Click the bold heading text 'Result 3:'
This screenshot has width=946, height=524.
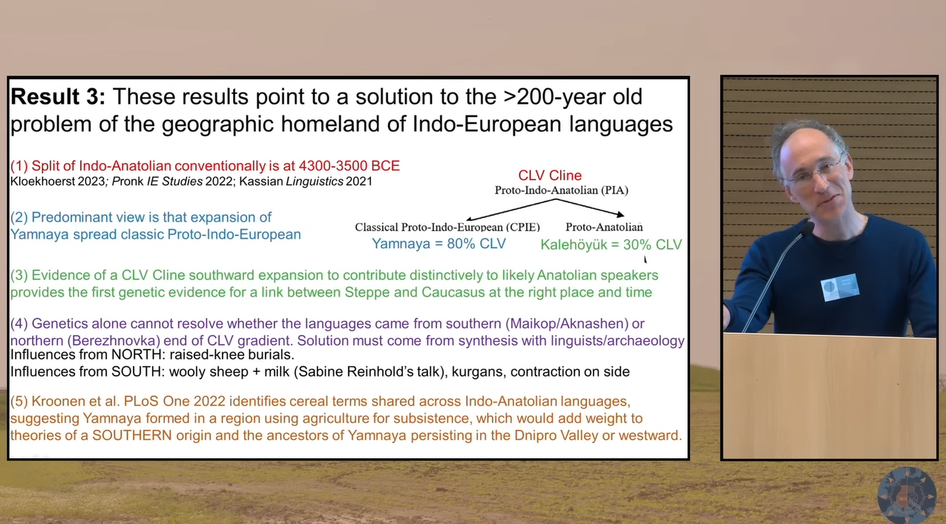point(58,96)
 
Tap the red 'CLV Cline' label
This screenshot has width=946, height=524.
point(550,175)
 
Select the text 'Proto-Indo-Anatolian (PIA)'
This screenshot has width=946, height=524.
point(561,190)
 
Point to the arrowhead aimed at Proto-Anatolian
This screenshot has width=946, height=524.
point(620,214)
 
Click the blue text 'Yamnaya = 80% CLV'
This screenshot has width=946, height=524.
point(438,244)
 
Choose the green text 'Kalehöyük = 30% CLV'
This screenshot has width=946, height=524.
point(611,245)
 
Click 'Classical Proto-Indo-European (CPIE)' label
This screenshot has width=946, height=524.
point(447,227)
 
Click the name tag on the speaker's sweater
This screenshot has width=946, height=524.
point(839,288)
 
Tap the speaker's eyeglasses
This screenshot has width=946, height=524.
point(816,172)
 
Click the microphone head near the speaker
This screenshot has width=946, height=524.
point(805,229)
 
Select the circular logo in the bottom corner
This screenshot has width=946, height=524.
point(906,495)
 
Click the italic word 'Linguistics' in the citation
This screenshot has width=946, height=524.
point(314,182)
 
